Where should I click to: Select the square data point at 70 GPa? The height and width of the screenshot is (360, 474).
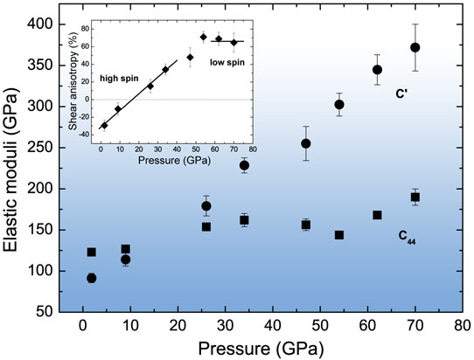(x=415, y=197)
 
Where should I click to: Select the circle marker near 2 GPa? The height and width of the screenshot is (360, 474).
(x=91, y=278)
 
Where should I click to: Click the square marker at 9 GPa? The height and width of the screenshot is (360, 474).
(x=125, y=249)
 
